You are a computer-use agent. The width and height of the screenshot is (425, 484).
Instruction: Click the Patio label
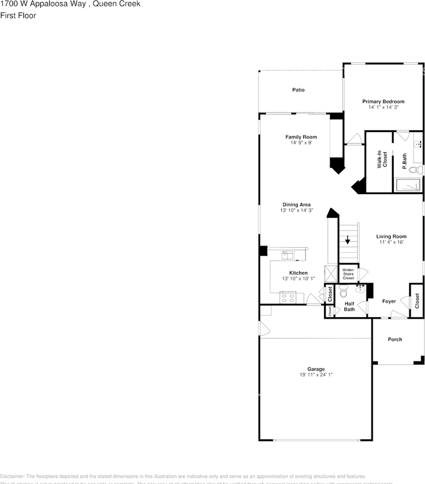point(298,90)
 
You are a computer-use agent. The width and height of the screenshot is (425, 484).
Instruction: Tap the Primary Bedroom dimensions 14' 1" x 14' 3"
point(383,107)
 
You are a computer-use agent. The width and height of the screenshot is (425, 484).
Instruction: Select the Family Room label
point(301,137)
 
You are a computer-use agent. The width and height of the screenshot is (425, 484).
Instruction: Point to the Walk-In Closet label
point(382,160)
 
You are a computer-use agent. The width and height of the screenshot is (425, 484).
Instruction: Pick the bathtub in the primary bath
point(408,185)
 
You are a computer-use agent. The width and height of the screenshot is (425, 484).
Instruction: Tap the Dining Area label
point(296,205)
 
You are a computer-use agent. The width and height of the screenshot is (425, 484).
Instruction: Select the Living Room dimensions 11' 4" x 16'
point(391,242)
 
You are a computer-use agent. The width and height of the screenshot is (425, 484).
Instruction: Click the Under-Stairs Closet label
point(348,274)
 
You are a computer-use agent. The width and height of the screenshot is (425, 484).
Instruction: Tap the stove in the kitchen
point(288,298)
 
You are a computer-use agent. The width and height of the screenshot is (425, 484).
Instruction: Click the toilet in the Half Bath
point(344,291)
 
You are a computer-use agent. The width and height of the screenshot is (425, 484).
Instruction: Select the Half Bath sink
point(360,288)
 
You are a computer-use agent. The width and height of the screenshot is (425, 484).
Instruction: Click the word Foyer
point(389,301)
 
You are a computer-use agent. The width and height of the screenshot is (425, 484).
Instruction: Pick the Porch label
point(395,339)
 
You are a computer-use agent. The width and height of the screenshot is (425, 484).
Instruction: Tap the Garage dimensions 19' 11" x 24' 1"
point(316,375)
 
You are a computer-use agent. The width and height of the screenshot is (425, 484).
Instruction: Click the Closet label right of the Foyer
point(417,301)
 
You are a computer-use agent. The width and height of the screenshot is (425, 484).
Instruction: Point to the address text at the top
point(70,4)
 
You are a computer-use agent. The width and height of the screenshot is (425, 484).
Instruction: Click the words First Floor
point(18,16)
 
